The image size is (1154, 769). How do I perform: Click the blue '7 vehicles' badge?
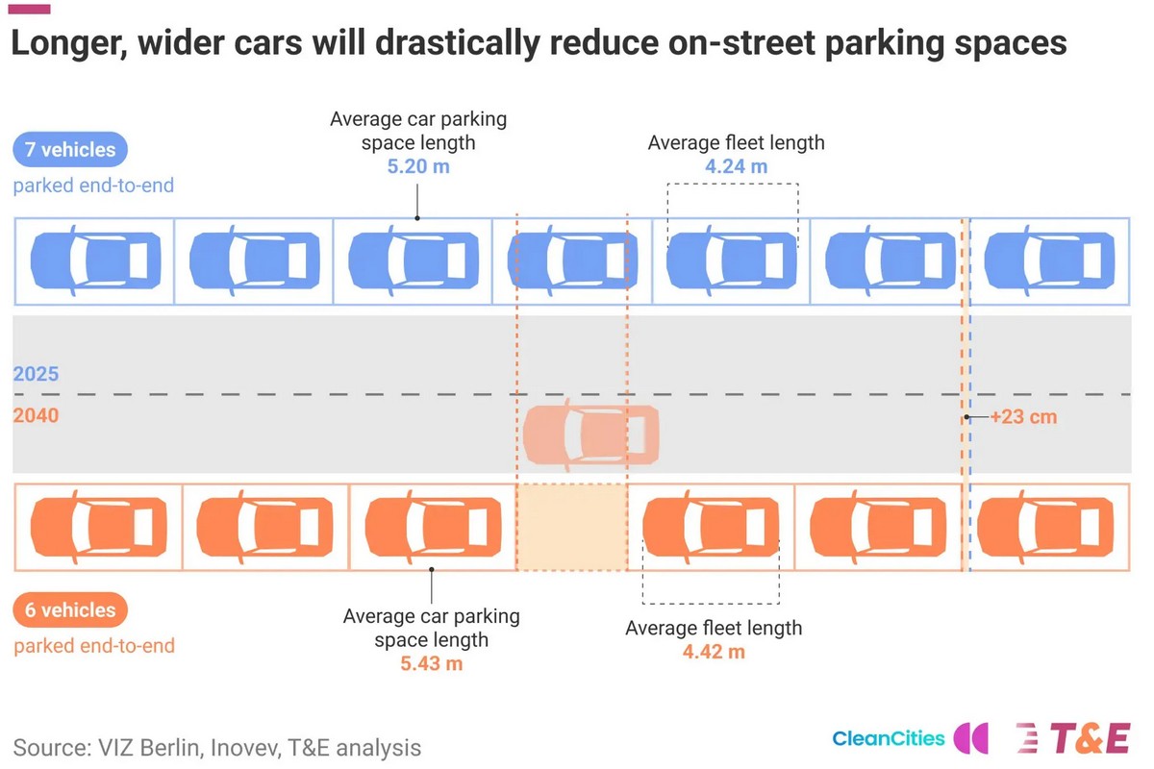70,149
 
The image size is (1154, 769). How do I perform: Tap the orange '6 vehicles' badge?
70,609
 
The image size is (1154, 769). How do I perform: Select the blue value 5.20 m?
418,166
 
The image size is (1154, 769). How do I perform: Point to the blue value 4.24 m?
737,166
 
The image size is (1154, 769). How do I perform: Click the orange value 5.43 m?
432,663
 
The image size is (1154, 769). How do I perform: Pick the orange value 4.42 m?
714,652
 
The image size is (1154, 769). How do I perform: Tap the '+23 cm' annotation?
1023,416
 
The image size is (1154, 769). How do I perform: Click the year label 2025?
37,374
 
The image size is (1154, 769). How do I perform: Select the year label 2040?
37,415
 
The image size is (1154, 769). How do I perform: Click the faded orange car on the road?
590,435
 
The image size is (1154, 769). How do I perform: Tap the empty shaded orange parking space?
572,527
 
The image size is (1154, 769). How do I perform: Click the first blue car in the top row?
96,260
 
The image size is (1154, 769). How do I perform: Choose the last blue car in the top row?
1049,260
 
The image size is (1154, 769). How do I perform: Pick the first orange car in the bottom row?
99,527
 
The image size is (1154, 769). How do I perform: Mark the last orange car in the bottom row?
1045,527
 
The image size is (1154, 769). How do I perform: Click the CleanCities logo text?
889,738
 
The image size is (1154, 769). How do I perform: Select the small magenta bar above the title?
30,10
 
